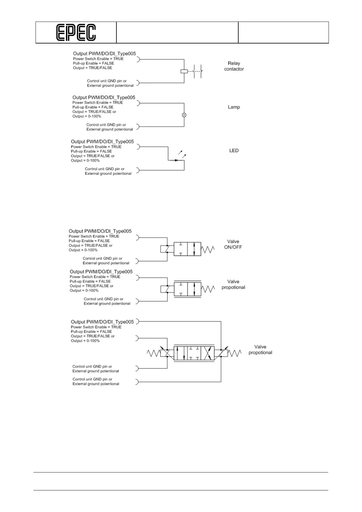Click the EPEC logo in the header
76,33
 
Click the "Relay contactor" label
234,66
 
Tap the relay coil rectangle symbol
184,71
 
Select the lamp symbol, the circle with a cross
184,115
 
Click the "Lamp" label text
234,107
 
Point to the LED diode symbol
176,160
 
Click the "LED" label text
234,150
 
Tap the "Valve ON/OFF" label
233,244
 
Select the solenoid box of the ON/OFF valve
164,249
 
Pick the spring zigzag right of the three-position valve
234,353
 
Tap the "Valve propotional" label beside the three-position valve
260,350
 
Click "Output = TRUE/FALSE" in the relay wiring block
92,68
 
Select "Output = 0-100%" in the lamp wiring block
87,116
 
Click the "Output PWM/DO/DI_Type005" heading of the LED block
102,142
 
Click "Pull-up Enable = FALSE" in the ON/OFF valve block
89,241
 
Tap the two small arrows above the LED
182,154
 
